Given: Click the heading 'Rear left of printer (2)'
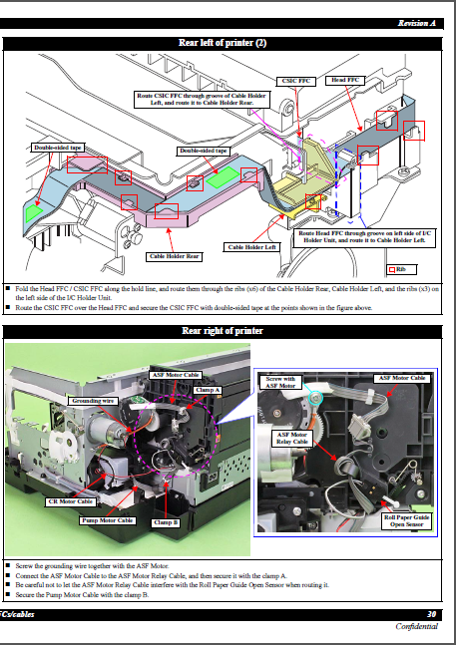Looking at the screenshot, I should click(222, 43).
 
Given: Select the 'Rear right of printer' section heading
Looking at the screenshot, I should click(222, 330).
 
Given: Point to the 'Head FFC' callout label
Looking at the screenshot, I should click(346, 79).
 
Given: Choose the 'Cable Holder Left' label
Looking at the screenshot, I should click(251, 247).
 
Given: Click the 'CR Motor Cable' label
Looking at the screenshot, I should click(71, 501).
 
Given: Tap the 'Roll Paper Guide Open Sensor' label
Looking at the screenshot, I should click(407, 519).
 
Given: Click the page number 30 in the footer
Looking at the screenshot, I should click(430, 614).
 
